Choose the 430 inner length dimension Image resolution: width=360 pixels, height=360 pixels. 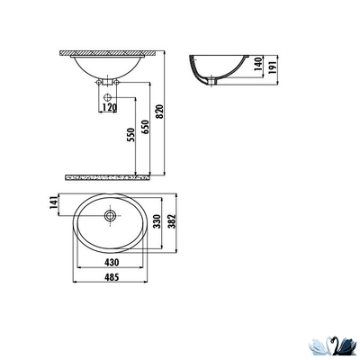coord(111,261)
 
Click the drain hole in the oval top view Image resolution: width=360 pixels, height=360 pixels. coord(110,215)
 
